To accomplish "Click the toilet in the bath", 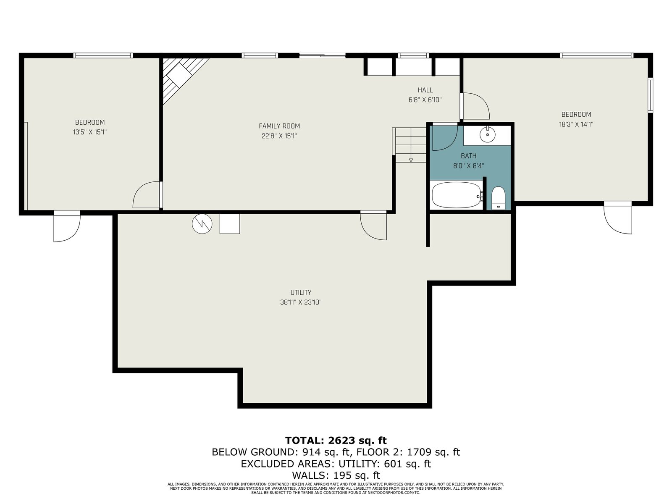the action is [x=498, y=198].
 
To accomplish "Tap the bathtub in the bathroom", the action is [x=456, y=195].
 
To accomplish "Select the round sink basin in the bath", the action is [x=487, y=134].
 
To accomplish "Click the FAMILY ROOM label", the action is [x=279, y=126].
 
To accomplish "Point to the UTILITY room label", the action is [x=301, y=292].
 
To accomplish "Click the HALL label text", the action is [x=425, y=90].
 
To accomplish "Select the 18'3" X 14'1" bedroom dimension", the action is [x=576, y=124].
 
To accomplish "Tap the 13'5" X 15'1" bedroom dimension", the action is [x=90, y=132].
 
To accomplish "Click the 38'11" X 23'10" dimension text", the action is [x=301, y=302].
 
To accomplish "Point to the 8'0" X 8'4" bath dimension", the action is [x=468, y=166].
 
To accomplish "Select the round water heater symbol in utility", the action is [x=202, y=224].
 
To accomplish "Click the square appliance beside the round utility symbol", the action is [x=230, y=224].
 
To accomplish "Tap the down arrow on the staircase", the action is [x=411, y=160].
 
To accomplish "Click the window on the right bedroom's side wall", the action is [x=650, y=95].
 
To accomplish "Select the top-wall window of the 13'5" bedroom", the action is [x=103, y=55].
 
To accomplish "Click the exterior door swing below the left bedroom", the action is [x=67, y=226].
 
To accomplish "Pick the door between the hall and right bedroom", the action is [x=475, y=106].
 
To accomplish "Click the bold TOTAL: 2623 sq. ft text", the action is [x=336, y=441].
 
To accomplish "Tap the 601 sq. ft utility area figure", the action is [x=407, y=464].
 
